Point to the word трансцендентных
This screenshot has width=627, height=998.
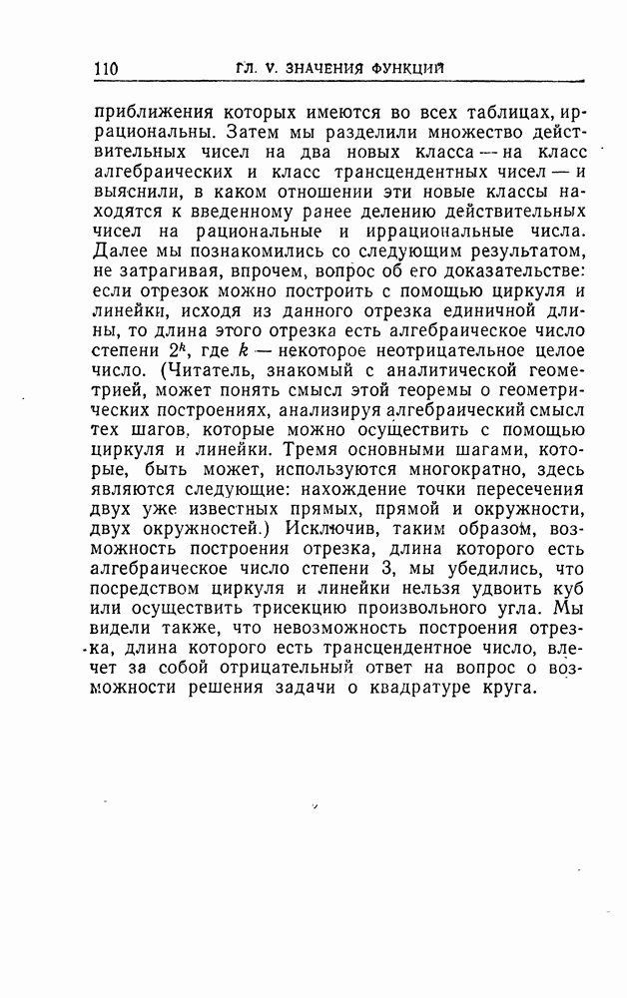click(405, 178)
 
